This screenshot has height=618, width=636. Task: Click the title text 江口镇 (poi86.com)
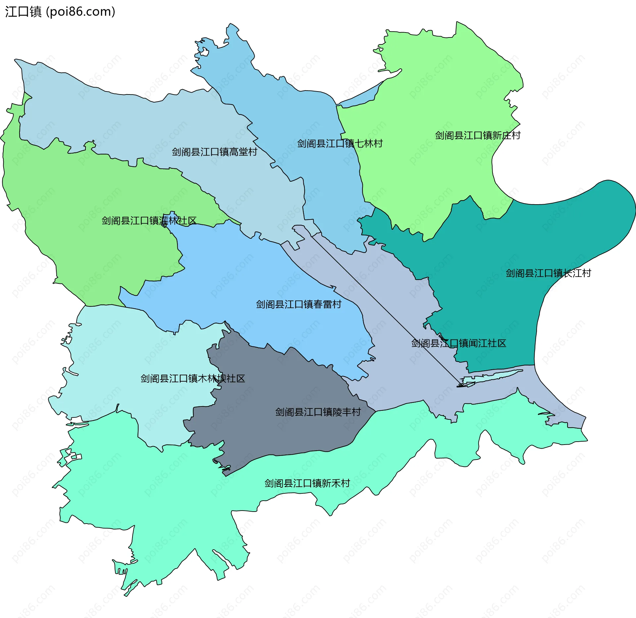click(60, 12)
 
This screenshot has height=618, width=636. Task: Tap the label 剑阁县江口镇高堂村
click(214, 152)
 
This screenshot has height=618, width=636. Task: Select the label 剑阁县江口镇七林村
click(340, 144)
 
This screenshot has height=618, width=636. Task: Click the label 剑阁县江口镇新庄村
click(478, 135)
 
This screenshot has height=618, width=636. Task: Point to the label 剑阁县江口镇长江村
click(548, 273)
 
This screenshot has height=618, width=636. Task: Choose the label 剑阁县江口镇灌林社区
click(149, 220)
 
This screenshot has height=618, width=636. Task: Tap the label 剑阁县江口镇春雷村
click(298, 304)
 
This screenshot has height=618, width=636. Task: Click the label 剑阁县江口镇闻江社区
click(458, 343)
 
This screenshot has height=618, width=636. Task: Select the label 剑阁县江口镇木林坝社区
click(192, 378)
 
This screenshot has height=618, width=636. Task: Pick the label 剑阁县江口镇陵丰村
click(318, 412)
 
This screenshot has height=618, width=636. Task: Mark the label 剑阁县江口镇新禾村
click(307, 483)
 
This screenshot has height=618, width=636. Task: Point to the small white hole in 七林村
click(204, 52)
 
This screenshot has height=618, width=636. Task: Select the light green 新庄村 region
click(431, 99)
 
